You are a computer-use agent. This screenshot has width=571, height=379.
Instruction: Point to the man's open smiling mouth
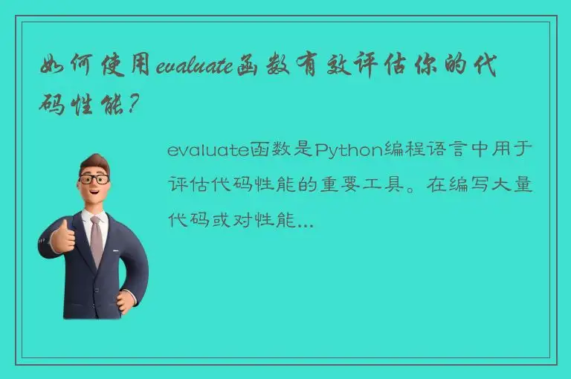pyautogui.click(x=96, y=198)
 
